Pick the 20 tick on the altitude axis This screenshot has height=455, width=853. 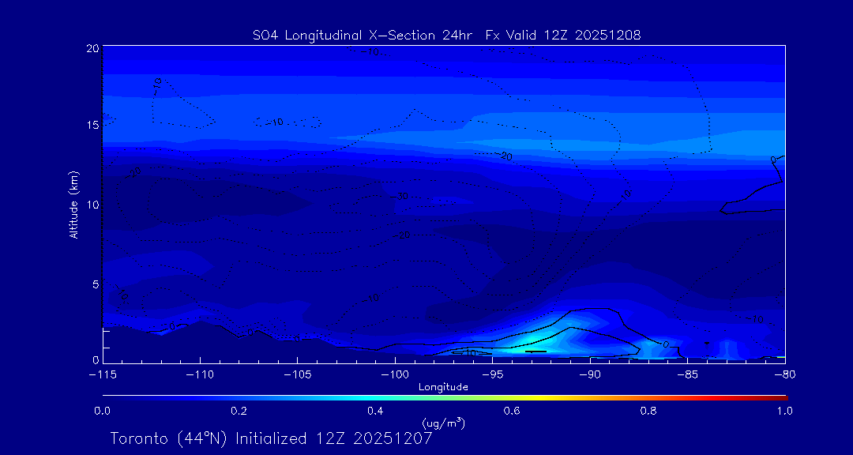pyautogui.click(x=92, y=49)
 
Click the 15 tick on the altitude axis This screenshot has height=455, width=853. pyautogui.click(x=92, y=126)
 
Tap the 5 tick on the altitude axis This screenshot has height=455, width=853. pyautogui.click(x=95, y=283)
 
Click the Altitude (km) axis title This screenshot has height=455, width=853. pyautogui.click(x=74, y=204)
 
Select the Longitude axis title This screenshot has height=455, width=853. pyautogui.click(x=443, y=387)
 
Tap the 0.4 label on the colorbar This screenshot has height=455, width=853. pyautogui.click(x=375, y=411)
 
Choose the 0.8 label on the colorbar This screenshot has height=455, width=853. pyautogui.click(x=648, y=411)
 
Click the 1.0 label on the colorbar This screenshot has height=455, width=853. pyautogui.click(x=784, y=411)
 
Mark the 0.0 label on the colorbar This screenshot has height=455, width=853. pyautogui.click(x=103, y=411)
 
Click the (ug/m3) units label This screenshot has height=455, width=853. pyautogui.click(x=443, y=424)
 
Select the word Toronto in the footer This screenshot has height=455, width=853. pyautogui.click(x=138, y=438)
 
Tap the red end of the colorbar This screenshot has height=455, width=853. pyautogui.click(x=783, y=397)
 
